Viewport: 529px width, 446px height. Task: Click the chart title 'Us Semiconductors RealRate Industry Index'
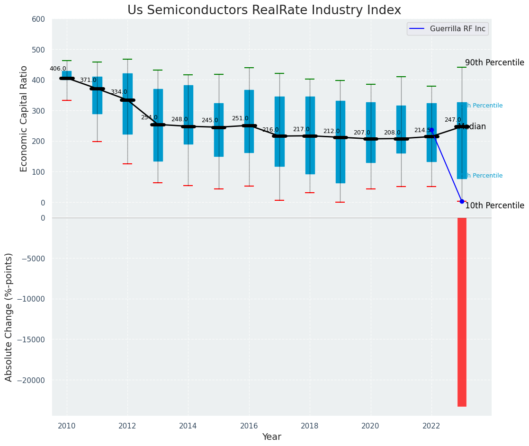tap(264, 10)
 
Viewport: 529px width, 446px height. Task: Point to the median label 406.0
tap(58, 69)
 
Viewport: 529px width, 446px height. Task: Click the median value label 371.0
tap(88, 80)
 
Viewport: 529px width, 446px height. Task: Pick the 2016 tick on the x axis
tap(249, 426)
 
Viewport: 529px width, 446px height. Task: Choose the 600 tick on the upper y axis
tap(38, 19)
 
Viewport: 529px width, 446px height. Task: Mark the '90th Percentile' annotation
tap(494, 62)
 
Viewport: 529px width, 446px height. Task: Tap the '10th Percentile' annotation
tap(494, 205)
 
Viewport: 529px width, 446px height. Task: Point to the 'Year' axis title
tap(272, 437)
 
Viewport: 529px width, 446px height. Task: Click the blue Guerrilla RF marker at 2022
tap(431, 130)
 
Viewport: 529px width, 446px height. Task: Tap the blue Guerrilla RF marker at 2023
tap(462, 201)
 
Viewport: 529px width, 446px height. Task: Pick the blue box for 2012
tap(127, 104)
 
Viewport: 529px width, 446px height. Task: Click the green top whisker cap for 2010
tap(67, 61)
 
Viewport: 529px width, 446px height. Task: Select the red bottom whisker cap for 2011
tap(97, 142)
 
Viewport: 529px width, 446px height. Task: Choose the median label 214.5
tap(422, 130)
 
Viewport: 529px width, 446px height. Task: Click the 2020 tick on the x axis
tap(370, 426)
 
